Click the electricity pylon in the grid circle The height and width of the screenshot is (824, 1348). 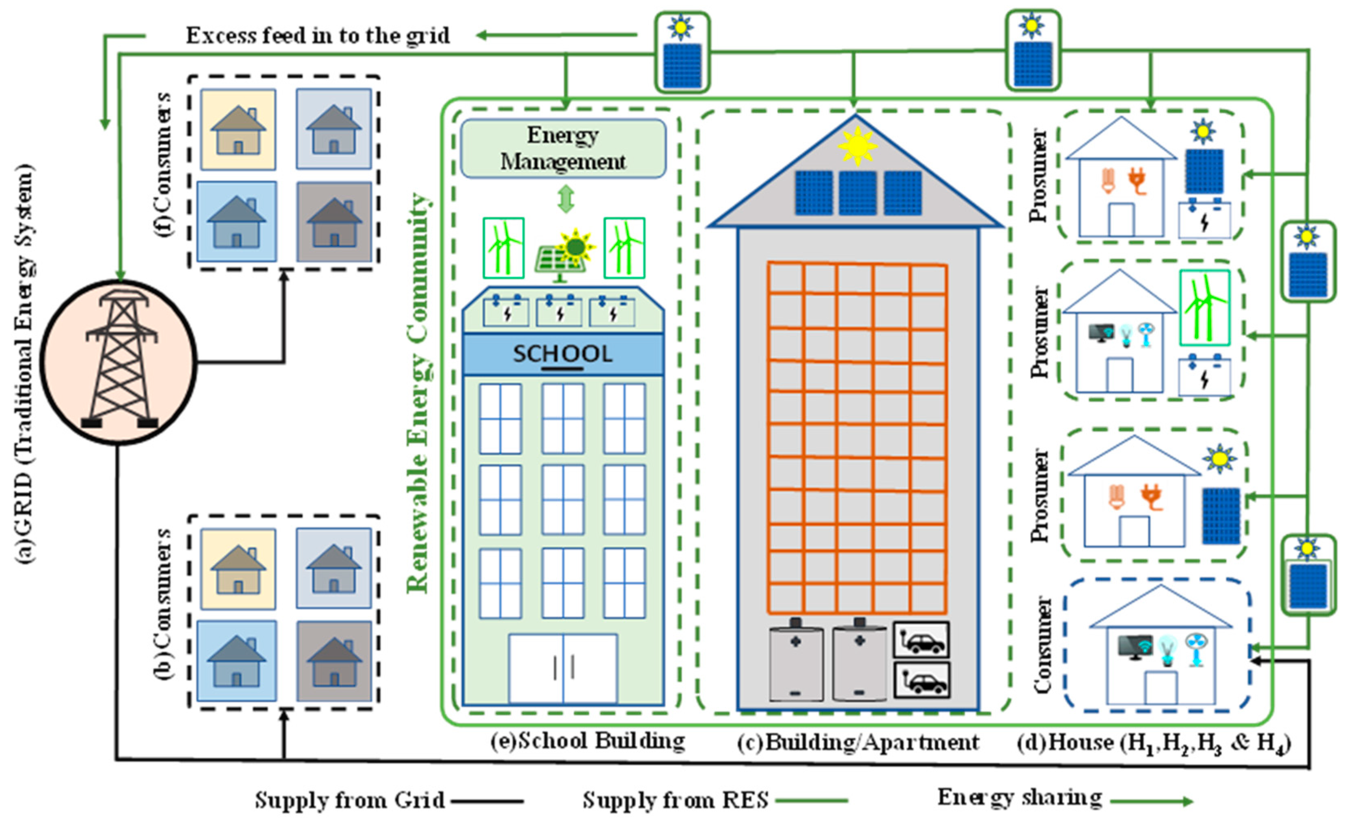point(119,361)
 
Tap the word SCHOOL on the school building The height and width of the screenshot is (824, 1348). point(562,354)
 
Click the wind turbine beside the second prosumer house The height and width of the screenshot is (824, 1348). point(1205,308)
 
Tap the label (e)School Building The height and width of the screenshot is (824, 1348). point(587,741)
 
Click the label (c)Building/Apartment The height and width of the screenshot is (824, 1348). point(857,742)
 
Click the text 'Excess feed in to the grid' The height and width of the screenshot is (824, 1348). point(318,36)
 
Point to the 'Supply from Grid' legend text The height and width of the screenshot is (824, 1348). point(350,800)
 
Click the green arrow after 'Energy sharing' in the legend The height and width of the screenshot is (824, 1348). point(1151,802)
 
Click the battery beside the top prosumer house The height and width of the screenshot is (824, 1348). point(1204,220)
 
